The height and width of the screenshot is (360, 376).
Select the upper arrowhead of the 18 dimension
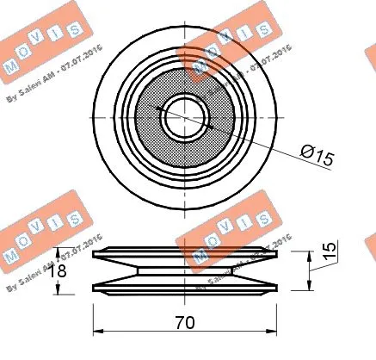[59, 252]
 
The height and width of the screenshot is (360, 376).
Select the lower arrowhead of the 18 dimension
[59, 290]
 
